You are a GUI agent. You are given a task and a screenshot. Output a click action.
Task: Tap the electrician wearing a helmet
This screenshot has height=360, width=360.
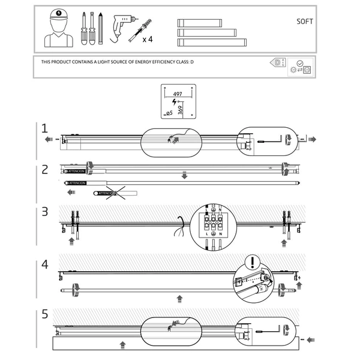point(58,29)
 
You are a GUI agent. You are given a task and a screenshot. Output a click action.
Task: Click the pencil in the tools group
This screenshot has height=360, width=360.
point(102,28)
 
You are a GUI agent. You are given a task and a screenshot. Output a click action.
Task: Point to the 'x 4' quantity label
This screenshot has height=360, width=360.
point(148,40)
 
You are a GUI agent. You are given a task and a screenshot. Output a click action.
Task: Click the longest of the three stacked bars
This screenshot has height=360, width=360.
point(212,42)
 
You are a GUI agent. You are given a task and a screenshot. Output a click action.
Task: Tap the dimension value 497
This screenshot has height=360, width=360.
point(177,94)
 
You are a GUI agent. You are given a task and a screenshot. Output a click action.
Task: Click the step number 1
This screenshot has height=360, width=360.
point(44,128)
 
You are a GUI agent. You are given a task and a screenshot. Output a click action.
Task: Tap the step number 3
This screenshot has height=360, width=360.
point(44,211)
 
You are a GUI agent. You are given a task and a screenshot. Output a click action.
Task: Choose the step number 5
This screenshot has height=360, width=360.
point(44,313)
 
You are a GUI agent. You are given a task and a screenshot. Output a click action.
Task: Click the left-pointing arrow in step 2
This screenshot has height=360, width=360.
point(72,193)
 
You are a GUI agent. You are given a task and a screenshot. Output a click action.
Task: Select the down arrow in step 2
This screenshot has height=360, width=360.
point(185,175)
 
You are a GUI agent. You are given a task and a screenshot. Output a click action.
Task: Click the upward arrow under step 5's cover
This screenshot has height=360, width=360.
point(123,345)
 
